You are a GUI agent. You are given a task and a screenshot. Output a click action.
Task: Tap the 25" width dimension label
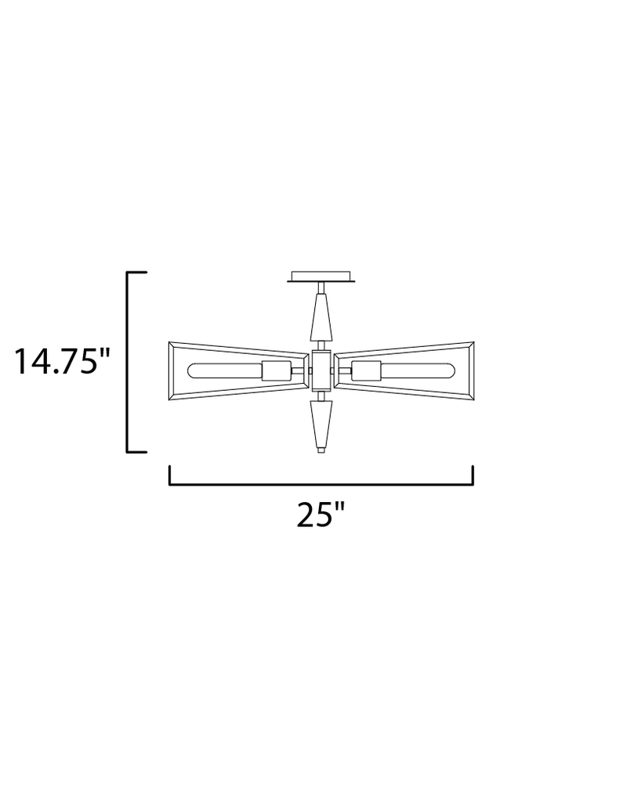click(x=321, y=515)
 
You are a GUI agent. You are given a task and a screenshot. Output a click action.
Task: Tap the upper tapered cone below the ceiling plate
click(x=321, y=316)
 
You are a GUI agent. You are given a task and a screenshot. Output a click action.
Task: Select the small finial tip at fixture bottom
click(x=320, y=450)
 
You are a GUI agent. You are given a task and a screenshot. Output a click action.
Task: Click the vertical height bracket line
click(x=128, y=362)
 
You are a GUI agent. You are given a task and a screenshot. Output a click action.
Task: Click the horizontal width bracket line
click(x=321, y=485)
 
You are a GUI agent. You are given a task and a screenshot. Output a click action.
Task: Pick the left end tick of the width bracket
click(x=170, y=475)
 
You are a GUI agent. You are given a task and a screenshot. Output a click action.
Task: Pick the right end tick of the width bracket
click(x=473, y=475)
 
